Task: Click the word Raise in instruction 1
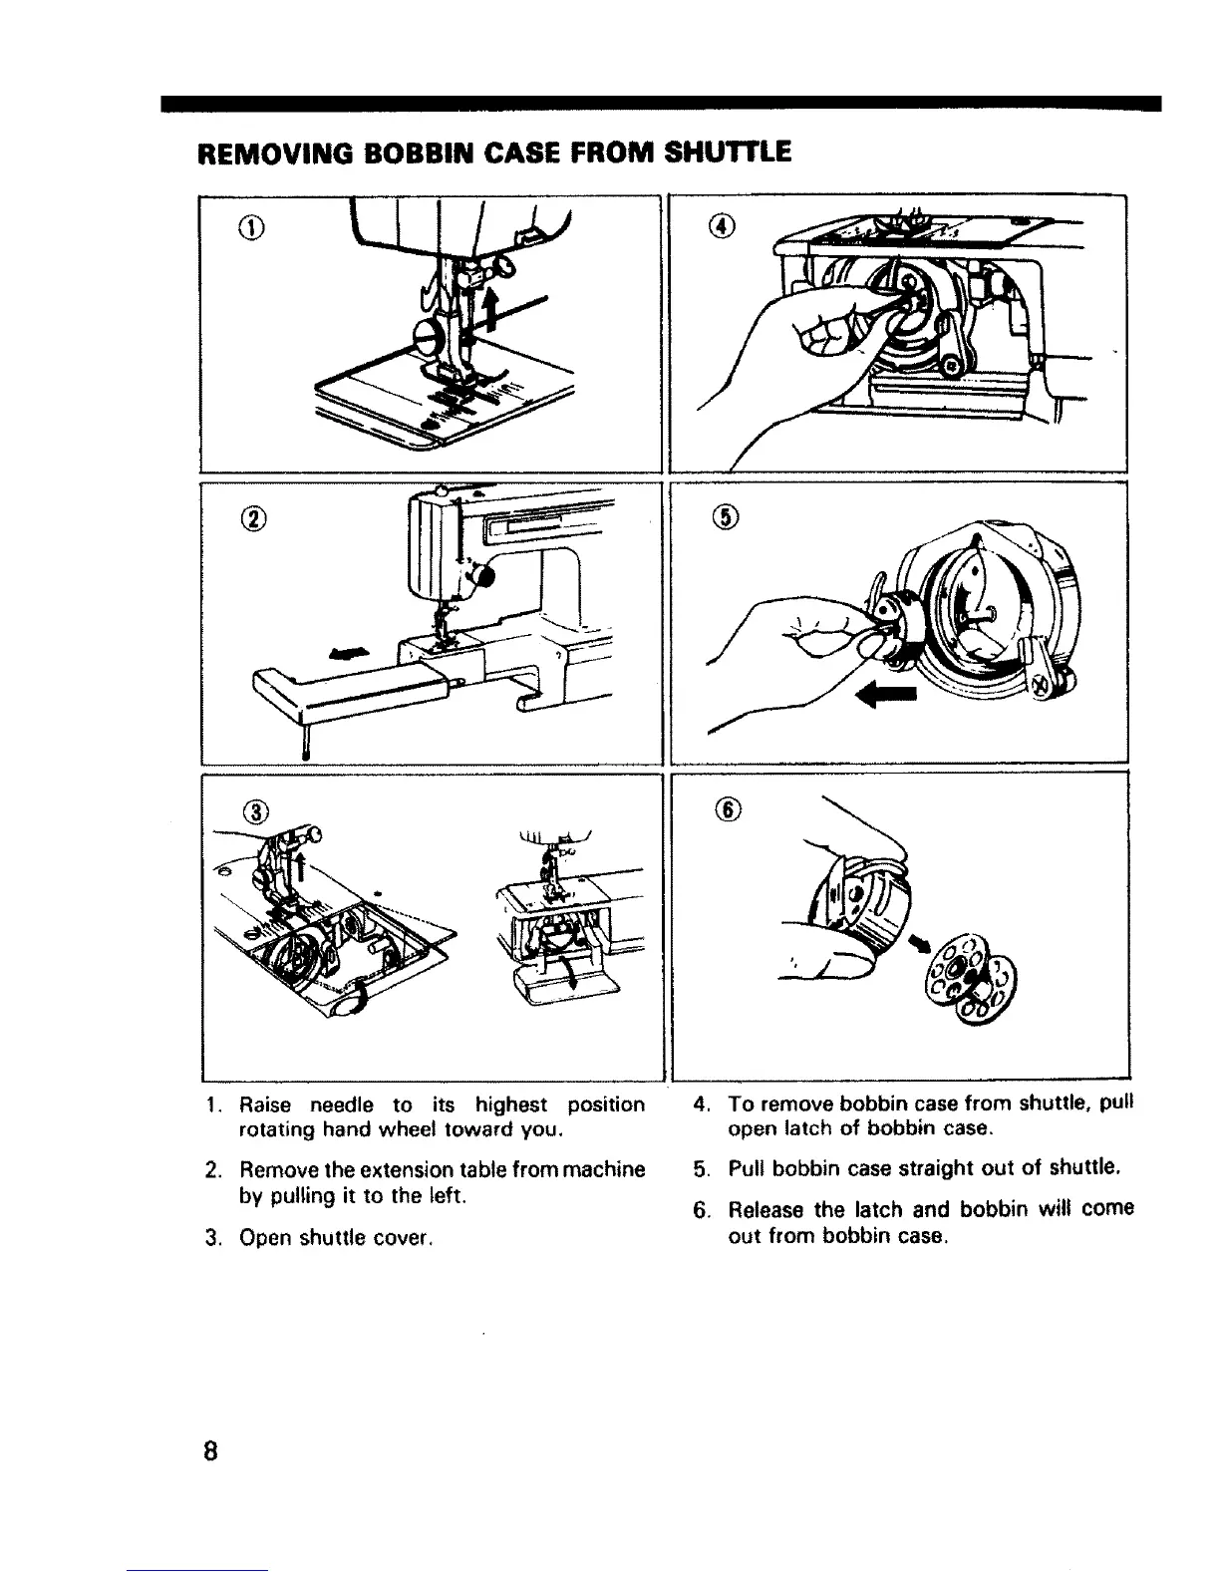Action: pos(264,1105)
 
